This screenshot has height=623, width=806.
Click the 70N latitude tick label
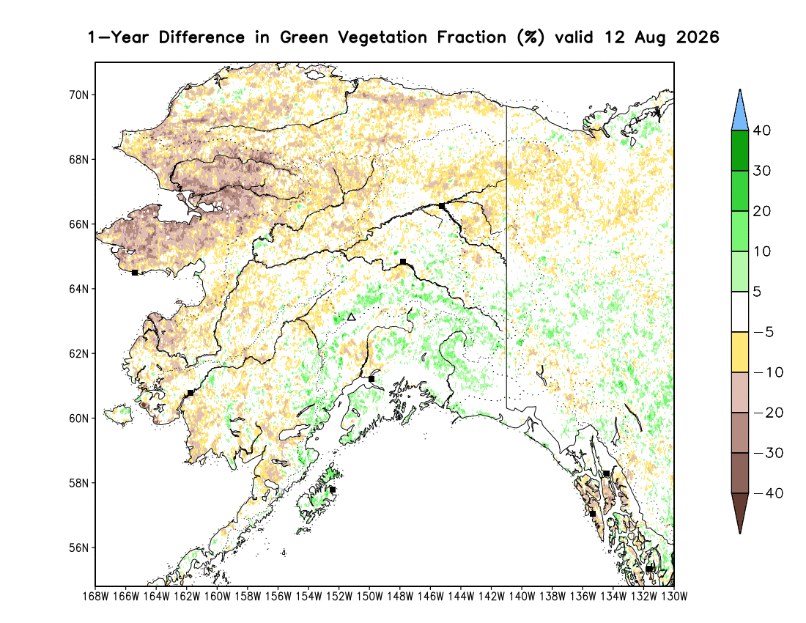pos(78,95)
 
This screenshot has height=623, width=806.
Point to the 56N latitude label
pos(78,548)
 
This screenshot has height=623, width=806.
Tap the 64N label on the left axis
pos(78,289)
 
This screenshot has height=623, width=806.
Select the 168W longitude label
pos(95,597)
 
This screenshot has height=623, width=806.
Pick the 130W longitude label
pos(674,597)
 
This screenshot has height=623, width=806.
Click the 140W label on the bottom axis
pos(522,597)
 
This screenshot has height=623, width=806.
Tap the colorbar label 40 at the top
pos(762,130)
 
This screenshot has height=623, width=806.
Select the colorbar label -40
pos(769,493)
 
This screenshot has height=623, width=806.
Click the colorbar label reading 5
pos(757,292)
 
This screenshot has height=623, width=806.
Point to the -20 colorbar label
pos(769,413)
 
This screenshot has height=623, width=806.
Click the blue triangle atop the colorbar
pos(740,113)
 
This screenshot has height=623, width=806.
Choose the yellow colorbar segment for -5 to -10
pos(740,352)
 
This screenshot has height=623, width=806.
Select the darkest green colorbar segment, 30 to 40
pos(740,150)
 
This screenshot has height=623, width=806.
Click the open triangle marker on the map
pos(351,317)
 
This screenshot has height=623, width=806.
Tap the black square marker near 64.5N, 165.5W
pos(135,273)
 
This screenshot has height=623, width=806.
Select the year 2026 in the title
pos(698,37)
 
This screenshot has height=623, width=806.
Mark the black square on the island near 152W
pos(333,490)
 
